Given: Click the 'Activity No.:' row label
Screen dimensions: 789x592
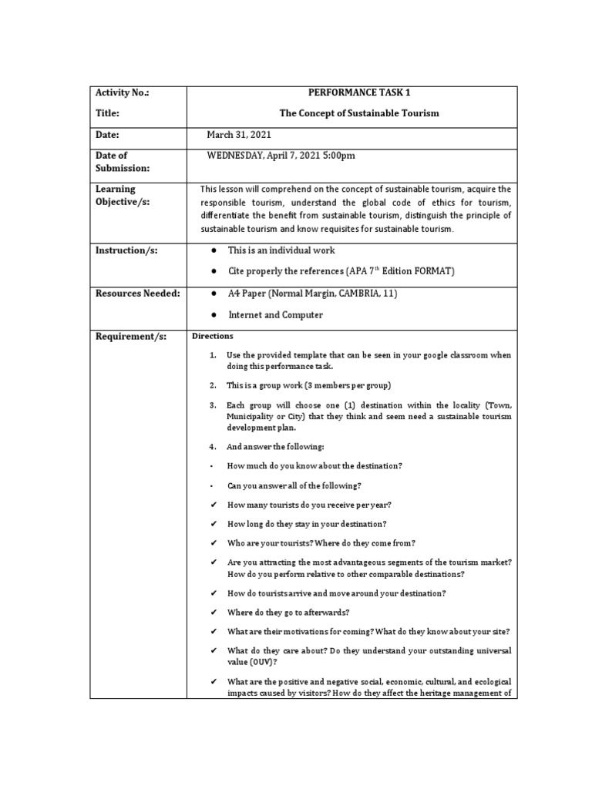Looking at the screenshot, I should (x=122, y=92).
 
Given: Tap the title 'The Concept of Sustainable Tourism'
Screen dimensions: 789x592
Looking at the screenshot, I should (x=358, y=113).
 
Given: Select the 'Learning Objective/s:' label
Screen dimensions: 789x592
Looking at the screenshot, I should (x=123, y=195).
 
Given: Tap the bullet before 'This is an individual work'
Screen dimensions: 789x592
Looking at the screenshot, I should (x=211, y=251).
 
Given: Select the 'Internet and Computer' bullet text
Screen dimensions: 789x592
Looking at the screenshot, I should (x=275, y=315).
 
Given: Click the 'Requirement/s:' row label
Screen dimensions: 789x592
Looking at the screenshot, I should (x=128, y=337).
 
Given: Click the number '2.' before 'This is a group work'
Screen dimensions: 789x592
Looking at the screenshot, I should (x=212, y=384).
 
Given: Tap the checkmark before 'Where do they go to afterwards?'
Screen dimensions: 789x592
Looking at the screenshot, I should (x=212, y=613).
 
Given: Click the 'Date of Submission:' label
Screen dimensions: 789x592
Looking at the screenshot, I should (x=122, y=162).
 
